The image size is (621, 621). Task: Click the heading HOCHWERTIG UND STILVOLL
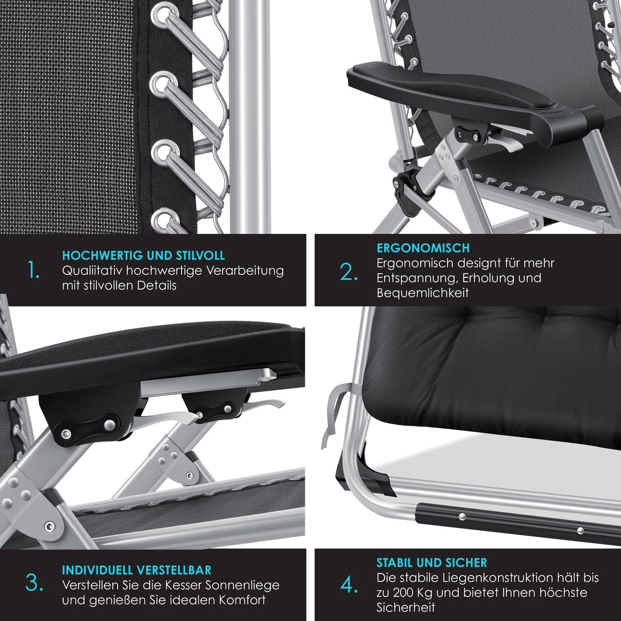coord(143,255)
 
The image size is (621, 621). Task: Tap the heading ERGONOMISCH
coord(423,248)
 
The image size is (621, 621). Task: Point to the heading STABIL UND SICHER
coord(432,563)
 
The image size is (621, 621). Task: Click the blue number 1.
coord(34,270)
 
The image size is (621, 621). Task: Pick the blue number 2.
coord(349,272)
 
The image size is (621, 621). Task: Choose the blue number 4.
coord(349,585)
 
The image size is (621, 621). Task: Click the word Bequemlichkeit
coord(422,293)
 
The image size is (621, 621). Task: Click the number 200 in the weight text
coord(405,593)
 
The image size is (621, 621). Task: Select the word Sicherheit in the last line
coord(406,608)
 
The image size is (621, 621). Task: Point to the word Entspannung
coord(417,278)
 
